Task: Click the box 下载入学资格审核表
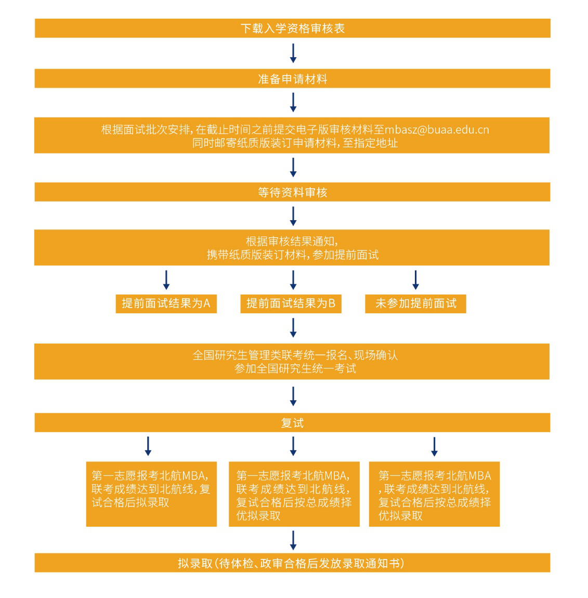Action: pos(292,28)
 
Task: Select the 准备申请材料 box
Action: pos(292,79)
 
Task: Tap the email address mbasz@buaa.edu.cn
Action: pos(437,130)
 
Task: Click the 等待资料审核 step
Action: pos(292,192)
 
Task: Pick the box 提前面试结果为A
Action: pos(166,303)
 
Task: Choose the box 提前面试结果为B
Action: pos(291,303)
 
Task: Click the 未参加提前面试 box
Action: pos(415,303)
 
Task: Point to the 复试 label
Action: pos(292,423)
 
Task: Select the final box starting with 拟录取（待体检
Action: pos(292,563)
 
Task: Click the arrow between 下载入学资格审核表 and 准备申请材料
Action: pos(293,53)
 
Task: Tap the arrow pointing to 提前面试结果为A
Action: pos(166,280)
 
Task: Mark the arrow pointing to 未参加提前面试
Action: pos(415,280)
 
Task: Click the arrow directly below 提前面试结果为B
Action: pos(293,328)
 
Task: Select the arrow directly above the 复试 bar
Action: pos(293,396)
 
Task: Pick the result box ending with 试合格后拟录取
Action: pos(151,494)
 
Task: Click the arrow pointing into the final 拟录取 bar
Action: pos(293,540)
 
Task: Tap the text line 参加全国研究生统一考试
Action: pos(295,368)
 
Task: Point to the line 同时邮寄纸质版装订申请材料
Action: pos(295,143)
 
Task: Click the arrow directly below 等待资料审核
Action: pos(293,216)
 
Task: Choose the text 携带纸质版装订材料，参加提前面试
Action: pos(292,255)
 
